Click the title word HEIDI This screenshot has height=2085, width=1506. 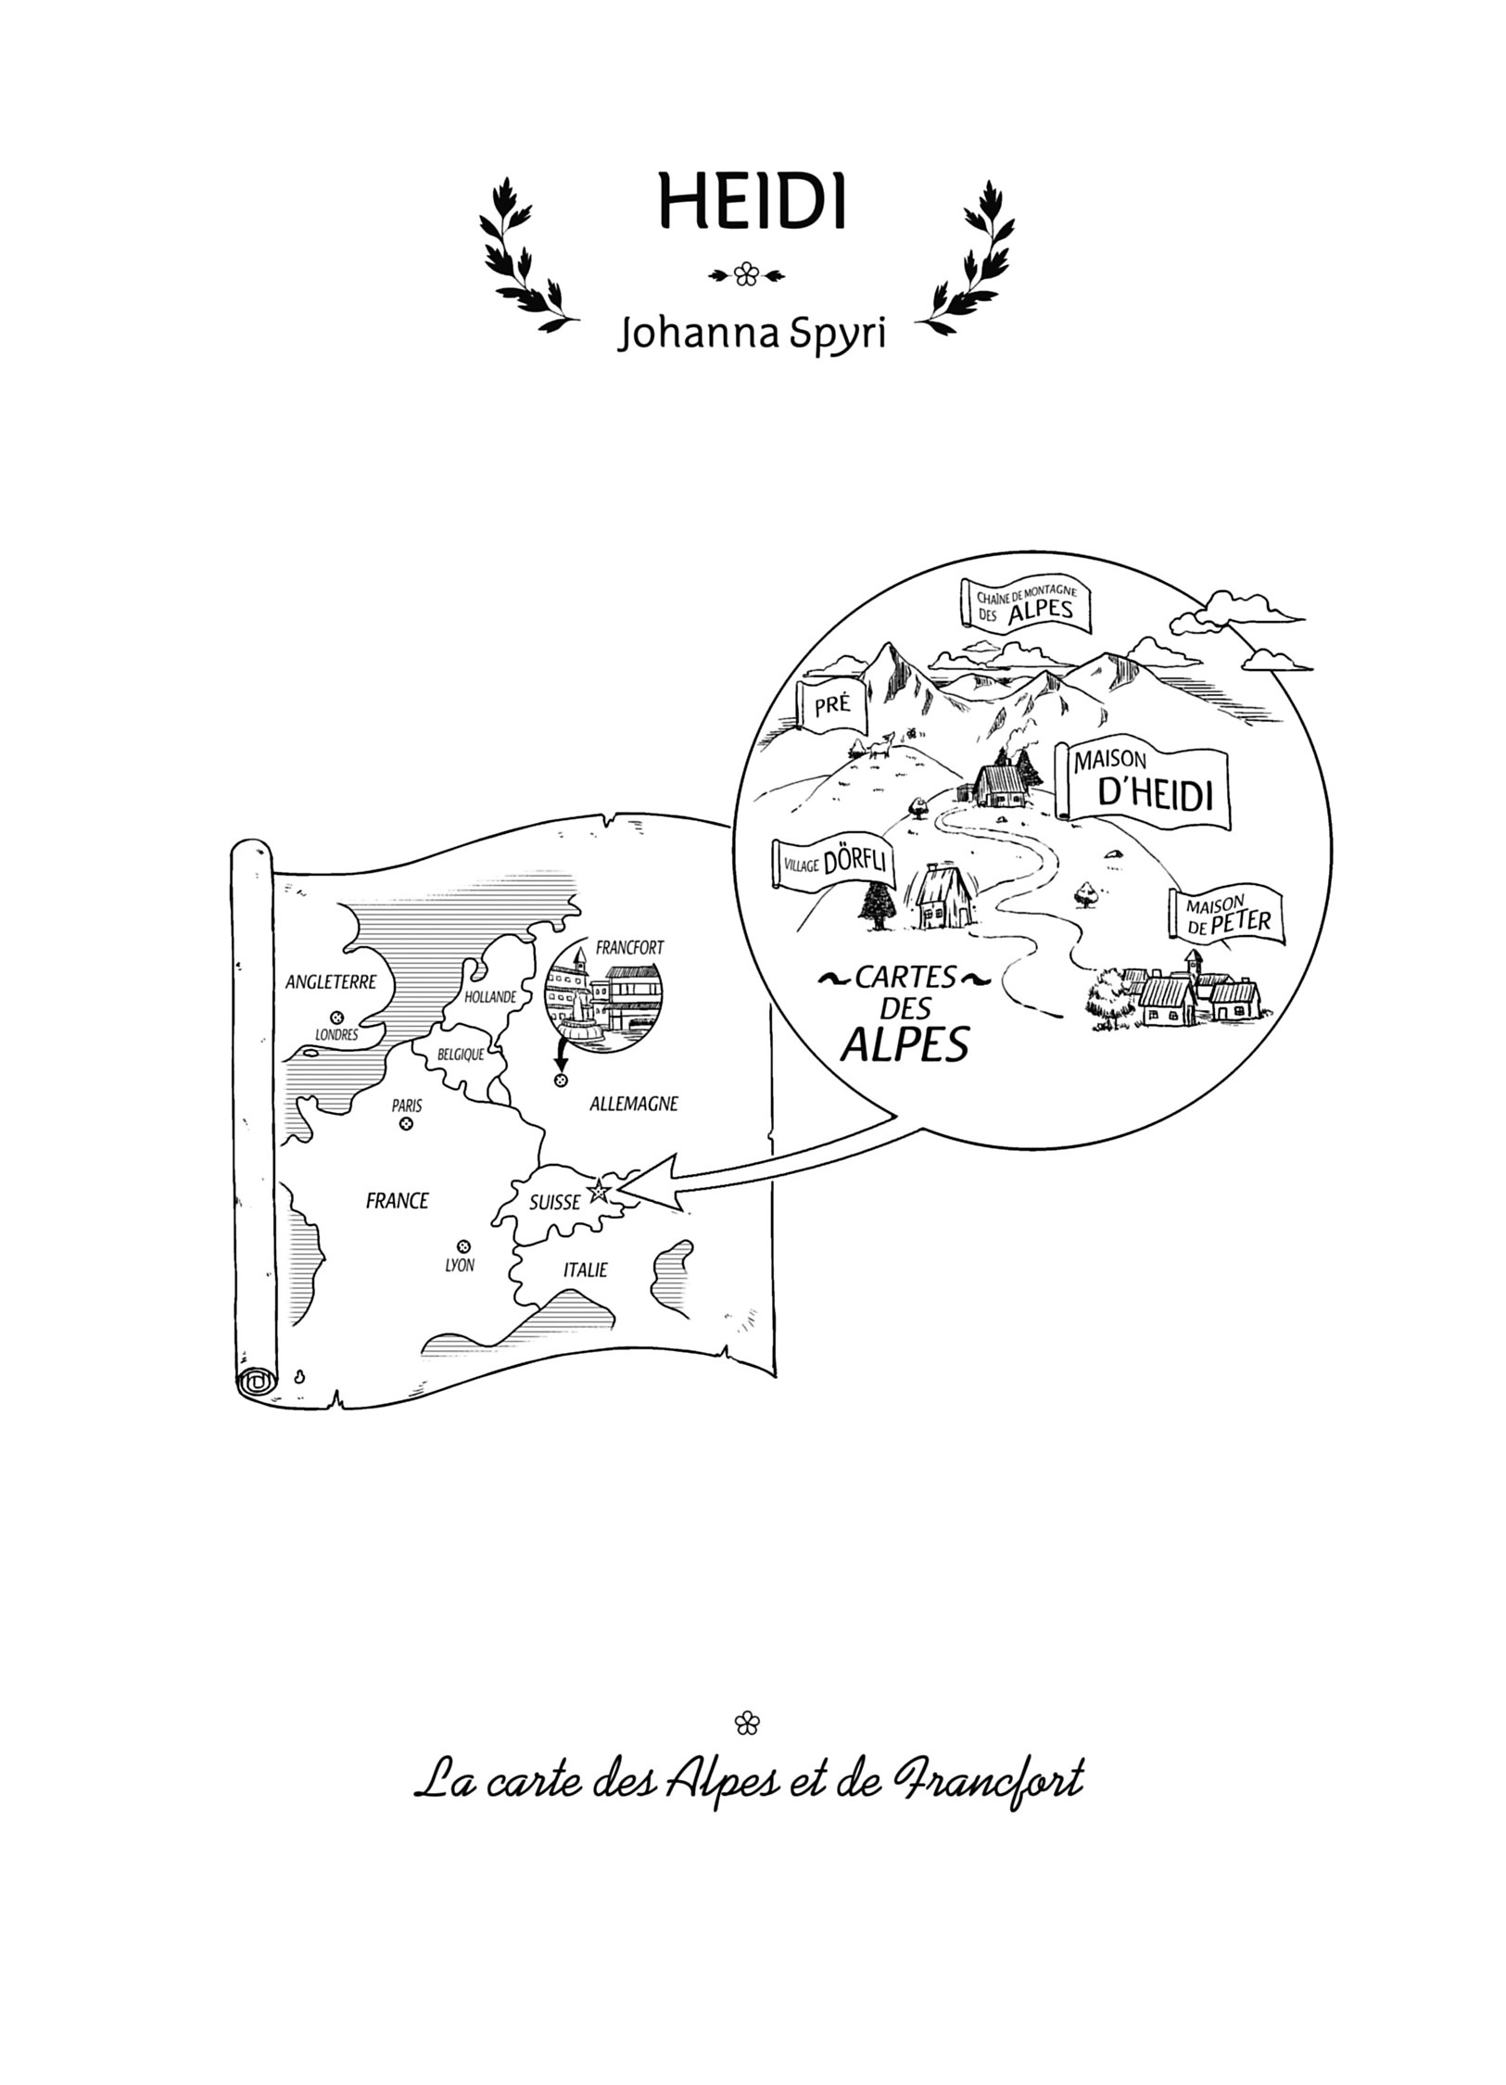pyautogui.click(x=752, y=201)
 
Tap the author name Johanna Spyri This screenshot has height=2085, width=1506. pyautogui.click(x=752, y=335)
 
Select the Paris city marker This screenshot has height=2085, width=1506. pyautogui.click(x=404, y=1125)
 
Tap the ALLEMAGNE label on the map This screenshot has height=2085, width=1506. pyautogui.click(x=634, y=1104)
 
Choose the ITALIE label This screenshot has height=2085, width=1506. pyautogui.click(x=586, y=1270)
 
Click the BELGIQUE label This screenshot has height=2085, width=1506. pyautogui.click(x=461, y=1054)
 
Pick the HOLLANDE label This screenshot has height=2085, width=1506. pyautogui.click(x=490, y=997)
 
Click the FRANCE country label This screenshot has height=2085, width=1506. pyautogui.click(x=397, y=1201)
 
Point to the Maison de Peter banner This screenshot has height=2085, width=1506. pyautogui.click(x=1226, y=916)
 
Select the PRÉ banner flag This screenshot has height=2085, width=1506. pyautogui.click(x=831, y=706)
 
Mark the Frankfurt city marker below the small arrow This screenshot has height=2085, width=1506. pyautogui.click(x=559, y=1081)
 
